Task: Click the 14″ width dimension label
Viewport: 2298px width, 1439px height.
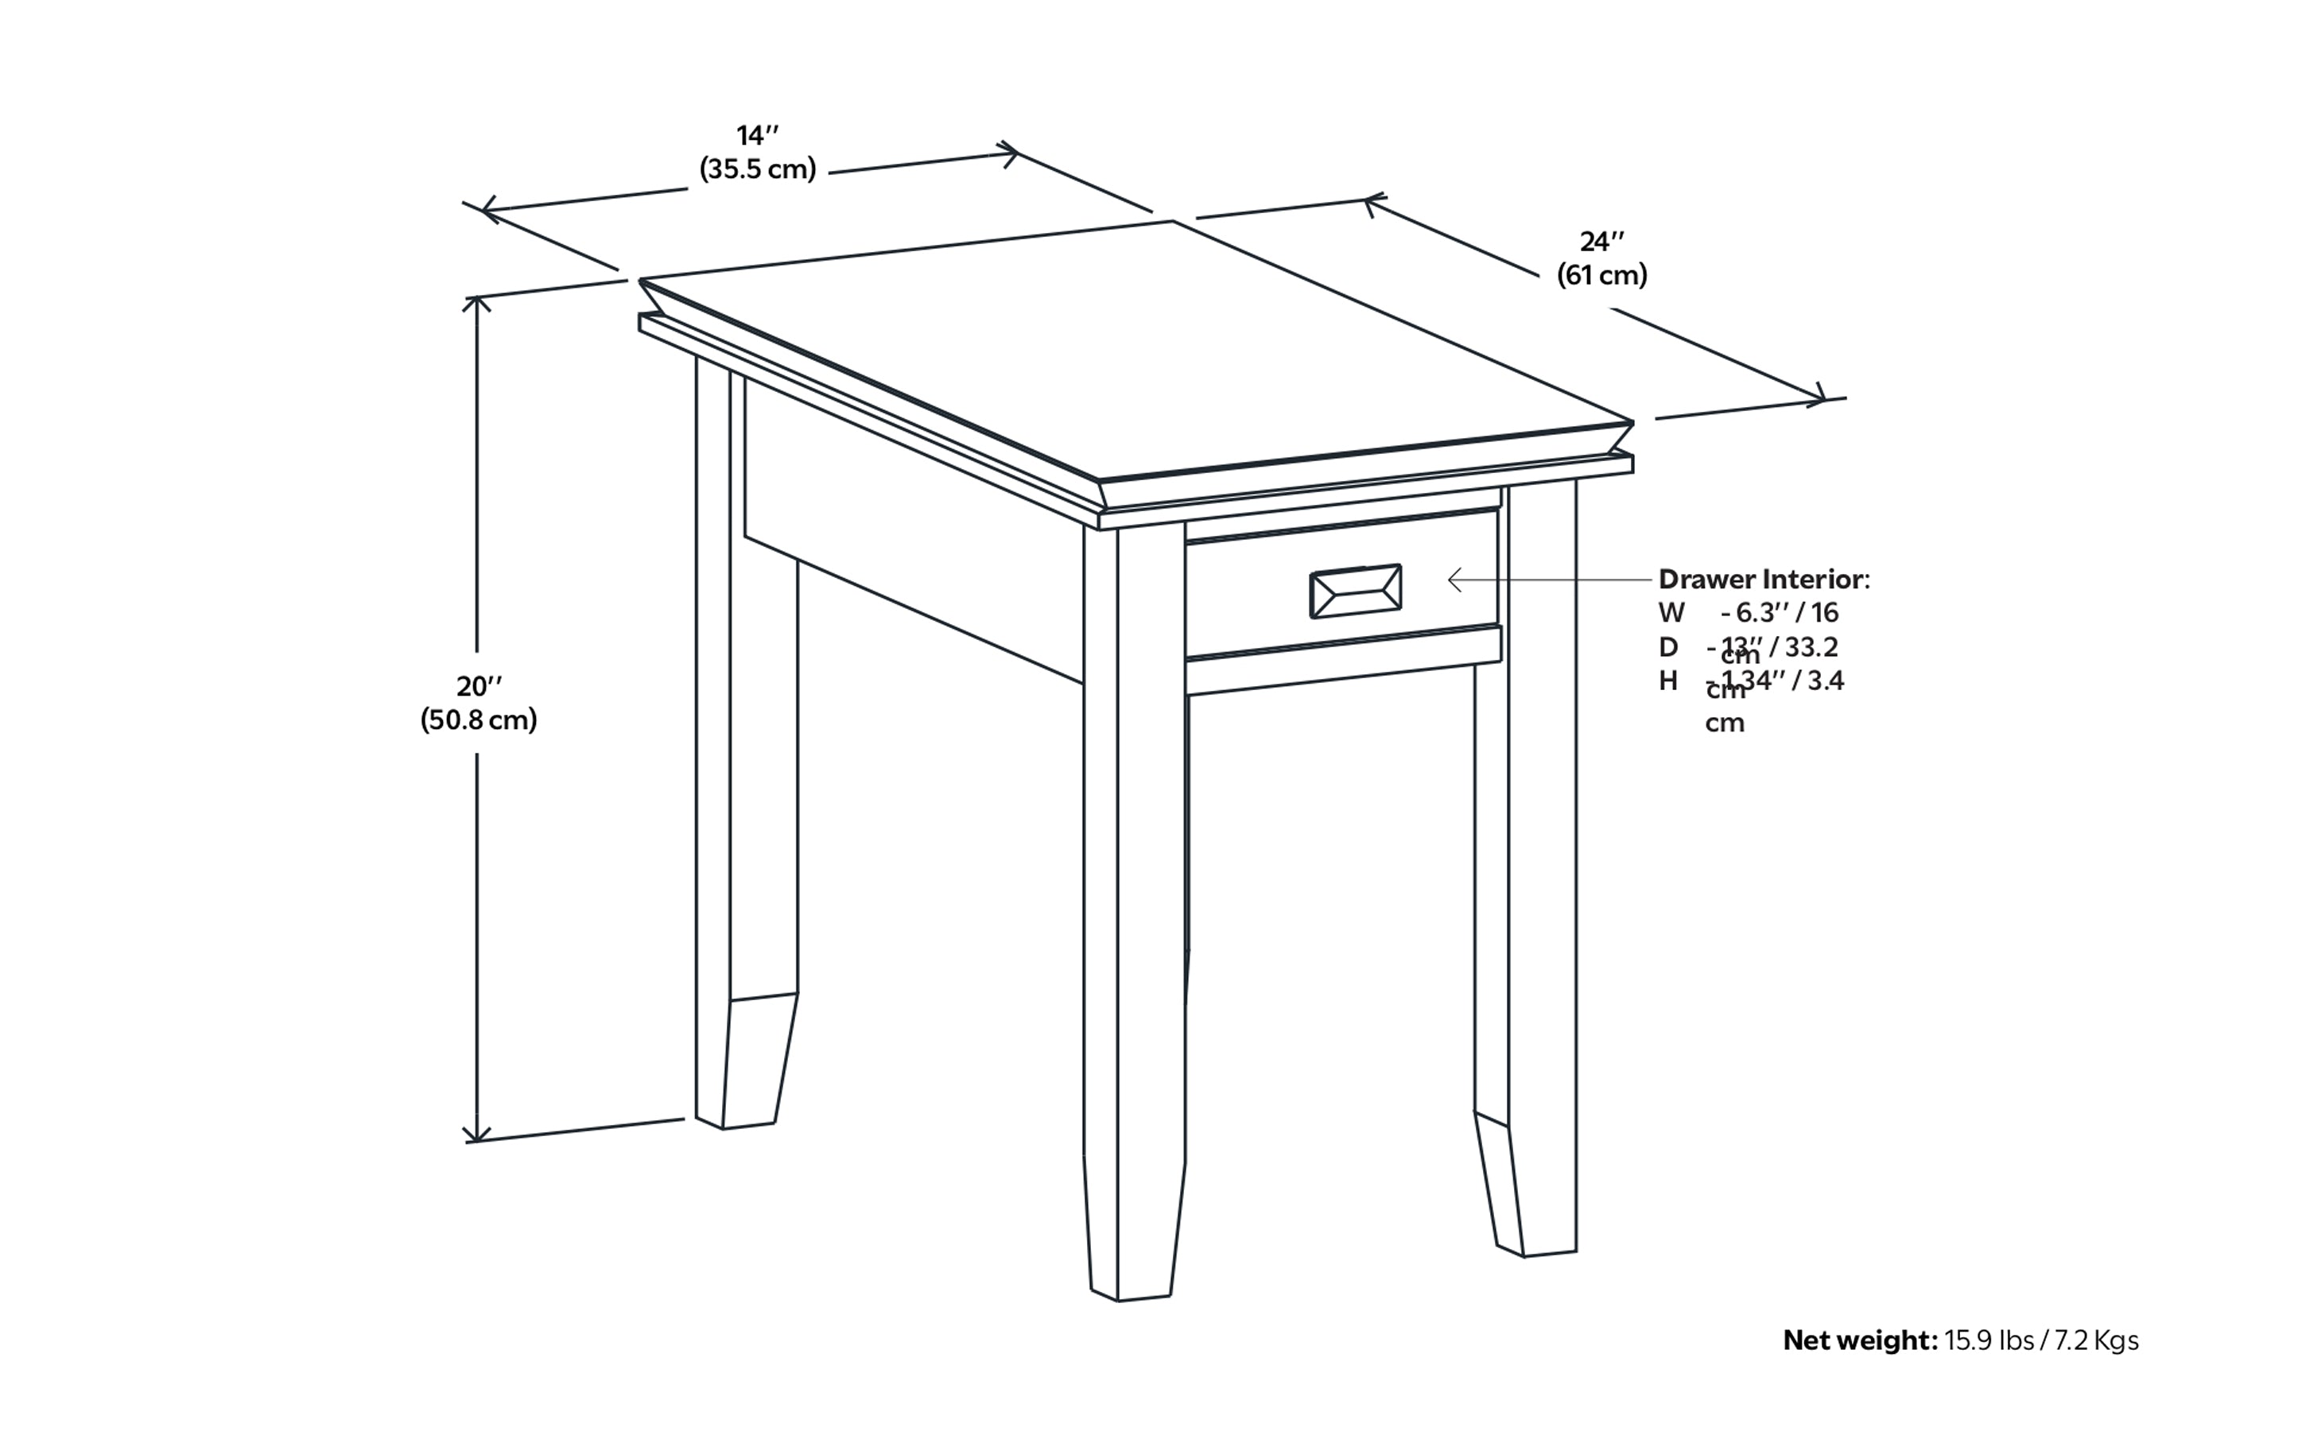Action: click(x=758, y=135)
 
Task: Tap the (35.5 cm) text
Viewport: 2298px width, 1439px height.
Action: click(x=758, y=169)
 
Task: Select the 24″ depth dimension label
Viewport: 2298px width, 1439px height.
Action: click(x=1602, y=242)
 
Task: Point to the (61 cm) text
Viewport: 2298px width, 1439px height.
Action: click(x=1602, y=275)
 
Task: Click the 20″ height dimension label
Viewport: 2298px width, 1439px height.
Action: click(x=479, y=686)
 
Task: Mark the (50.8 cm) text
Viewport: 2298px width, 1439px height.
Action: click(x=479, y=719)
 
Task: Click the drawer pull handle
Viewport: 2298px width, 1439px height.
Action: click(x=1356, y=591)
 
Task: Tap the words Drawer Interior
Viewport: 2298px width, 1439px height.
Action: click(x=1761, y=579)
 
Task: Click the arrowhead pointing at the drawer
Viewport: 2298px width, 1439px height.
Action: click(x=1453, y=579)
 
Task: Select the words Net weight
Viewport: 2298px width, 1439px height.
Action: click(x=1859, y=1341)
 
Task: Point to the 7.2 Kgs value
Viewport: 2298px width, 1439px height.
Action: click(x=2096, y=1341)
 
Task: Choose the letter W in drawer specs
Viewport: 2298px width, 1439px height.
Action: click(x=1671, y=612)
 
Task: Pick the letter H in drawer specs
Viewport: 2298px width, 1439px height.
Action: click(x=1667, y=681)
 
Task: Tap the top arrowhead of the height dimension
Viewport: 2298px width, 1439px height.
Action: click(x=477, y=303)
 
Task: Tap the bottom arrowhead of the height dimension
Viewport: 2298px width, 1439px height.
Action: click(x=477, y=1135)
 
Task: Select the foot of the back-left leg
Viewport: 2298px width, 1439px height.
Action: click(x=747, y=1095)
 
